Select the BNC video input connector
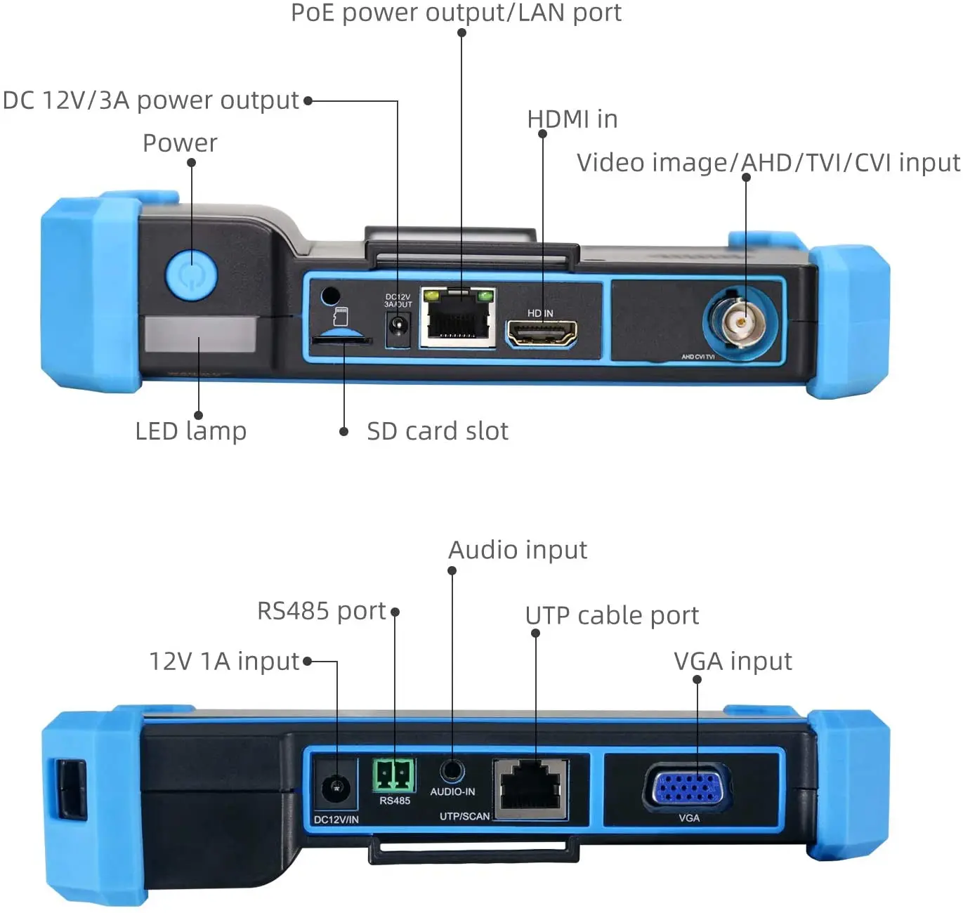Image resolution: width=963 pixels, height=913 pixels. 740,321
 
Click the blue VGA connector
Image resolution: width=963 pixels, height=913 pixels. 688,787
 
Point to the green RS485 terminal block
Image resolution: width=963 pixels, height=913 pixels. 393,775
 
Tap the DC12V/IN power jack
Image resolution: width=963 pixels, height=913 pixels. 336,787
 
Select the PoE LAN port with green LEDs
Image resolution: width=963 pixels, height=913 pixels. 458,317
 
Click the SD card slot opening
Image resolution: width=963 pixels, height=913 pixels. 341,341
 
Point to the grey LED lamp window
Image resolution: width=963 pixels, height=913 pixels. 199,334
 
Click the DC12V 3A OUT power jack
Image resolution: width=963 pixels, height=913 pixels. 398,329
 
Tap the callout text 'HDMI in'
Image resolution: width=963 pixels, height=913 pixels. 572,119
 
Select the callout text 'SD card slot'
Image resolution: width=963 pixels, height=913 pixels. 437,431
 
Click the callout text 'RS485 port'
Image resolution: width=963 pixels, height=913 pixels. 322,611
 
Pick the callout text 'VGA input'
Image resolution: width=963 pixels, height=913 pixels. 733,661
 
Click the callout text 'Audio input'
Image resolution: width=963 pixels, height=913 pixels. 518,550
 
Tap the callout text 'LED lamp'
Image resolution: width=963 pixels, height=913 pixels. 190,431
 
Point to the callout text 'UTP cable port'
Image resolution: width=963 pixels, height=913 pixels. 612,616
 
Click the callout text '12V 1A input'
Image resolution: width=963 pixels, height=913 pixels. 225,661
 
